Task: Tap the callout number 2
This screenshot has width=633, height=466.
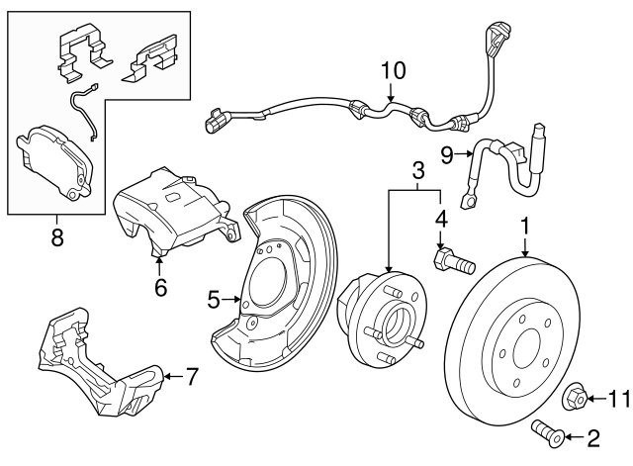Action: (594, 435)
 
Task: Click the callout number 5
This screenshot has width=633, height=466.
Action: (213, 297)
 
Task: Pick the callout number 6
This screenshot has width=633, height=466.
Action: (161, 288)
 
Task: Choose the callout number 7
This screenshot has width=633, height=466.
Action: (192, 376)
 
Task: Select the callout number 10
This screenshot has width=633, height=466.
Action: (393, 70)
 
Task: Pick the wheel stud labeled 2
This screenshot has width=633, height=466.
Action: (548, 430)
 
